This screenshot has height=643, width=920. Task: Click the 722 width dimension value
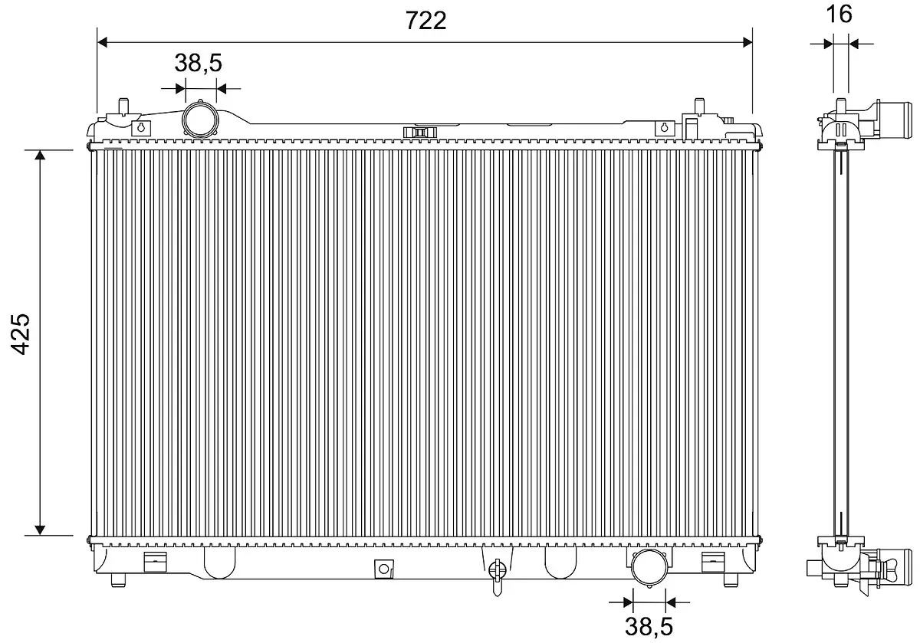tap(426, 20)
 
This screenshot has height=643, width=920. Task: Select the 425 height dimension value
tap(20, 334)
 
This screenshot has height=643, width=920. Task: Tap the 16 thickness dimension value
tap(839, 14)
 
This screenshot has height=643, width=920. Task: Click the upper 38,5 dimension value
tap(198, 63)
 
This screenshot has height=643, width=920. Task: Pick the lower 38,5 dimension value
tap(649, 627)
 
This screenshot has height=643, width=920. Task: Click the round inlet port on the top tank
tap(200, 119)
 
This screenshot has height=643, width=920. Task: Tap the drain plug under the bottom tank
tap(497, 577)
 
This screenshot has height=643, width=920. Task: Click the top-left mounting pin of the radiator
tap(123, 106)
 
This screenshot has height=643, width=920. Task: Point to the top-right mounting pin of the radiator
tap(699, 106)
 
